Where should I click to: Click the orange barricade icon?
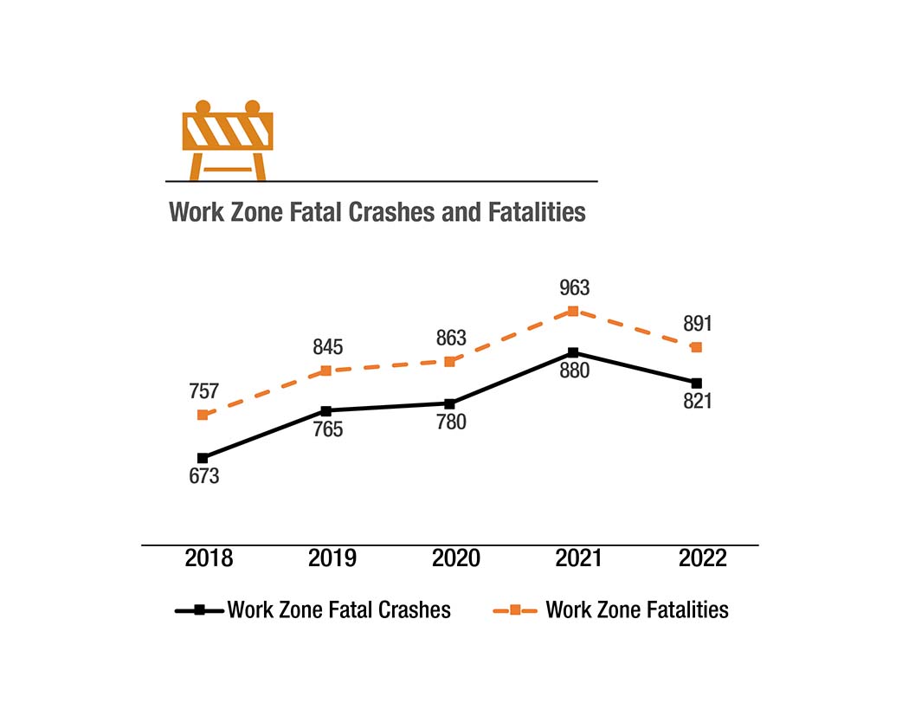point(228,140)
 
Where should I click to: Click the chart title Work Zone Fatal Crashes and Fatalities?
point(377,212)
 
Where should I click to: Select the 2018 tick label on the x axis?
point(209,558)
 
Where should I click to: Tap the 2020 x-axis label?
point(456,558)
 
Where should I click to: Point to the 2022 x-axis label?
point(703,558)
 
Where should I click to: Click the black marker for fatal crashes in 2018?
point(203,458)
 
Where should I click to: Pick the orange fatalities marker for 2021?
point(572,311)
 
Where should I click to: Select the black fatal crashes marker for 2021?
point(572,353)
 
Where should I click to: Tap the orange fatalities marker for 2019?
point(325,371)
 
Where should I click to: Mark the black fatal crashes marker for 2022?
point(696,383)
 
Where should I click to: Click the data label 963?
point(575,288)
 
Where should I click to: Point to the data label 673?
point(204,476)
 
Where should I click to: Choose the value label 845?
point(328,348)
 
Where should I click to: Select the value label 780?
point(451,423)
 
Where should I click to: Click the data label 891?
point(697,324)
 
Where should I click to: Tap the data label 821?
point(696,403)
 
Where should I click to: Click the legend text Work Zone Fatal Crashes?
point(338,610)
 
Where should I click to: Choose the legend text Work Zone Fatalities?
point(636,610)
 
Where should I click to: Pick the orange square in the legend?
point(515,610)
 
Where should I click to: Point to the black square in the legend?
point(199,610)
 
